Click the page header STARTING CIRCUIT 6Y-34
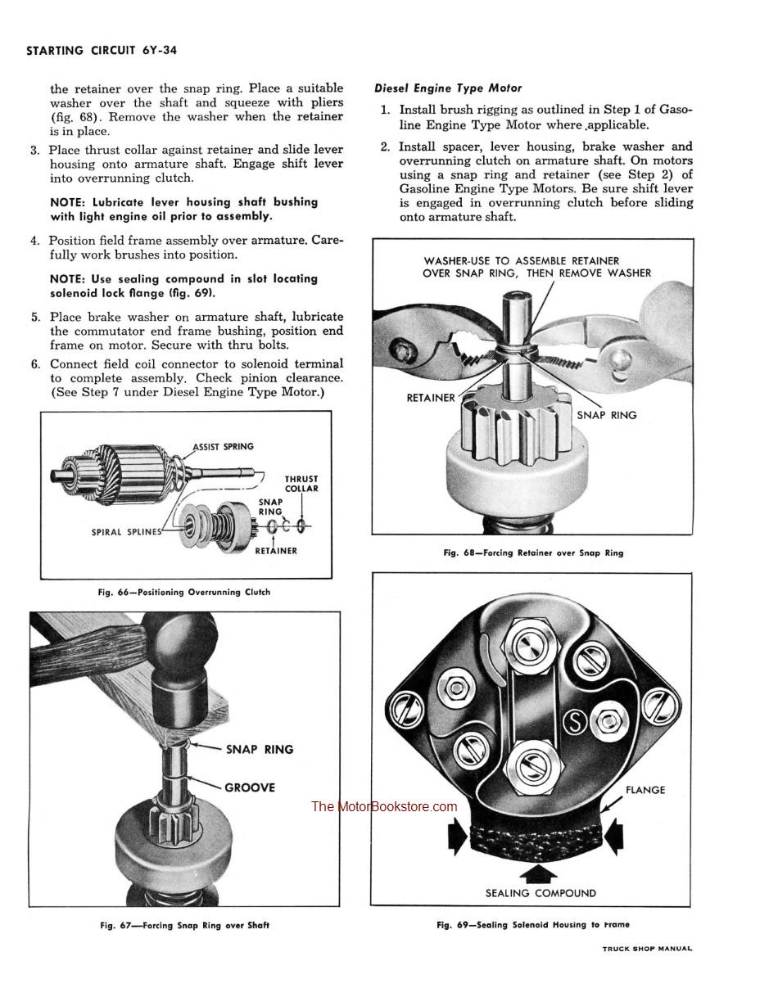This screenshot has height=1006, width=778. pos(102,51)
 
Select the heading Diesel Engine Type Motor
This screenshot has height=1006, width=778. pos(448,88)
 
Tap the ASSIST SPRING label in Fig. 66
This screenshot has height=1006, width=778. pos(223,447)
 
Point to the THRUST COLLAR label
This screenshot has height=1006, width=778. pos(301,484)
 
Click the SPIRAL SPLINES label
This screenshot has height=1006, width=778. pos(126,532)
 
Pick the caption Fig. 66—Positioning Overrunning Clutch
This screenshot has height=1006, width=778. pos(183,592)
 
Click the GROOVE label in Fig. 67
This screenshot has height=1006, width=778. pos(250,787)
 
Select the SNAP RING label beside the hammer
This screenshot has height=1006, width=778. pos(259,749)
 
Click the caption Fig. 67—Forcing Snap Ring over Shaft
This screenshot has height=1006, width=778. pos(184,926)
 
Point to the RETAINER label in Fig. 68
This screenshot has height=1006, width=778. pos(431,398)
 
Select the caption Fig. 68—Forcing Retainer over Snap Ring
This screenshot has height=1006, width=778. pos(533,553)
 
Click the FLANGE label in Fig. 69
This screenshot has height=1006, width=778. pos(645,790)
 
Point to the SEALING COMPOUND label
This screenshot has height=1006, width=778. pos(541,893)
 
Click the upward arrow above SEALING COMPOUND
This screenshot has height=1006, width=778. pos(541,871)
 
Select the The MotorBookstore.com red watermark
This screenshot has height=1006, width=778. pos(384,807)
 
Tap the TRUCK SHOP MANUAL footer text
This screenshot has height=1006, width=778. pos(647,949)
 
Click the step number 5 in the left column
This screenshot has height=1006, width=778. pos(35,318)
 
